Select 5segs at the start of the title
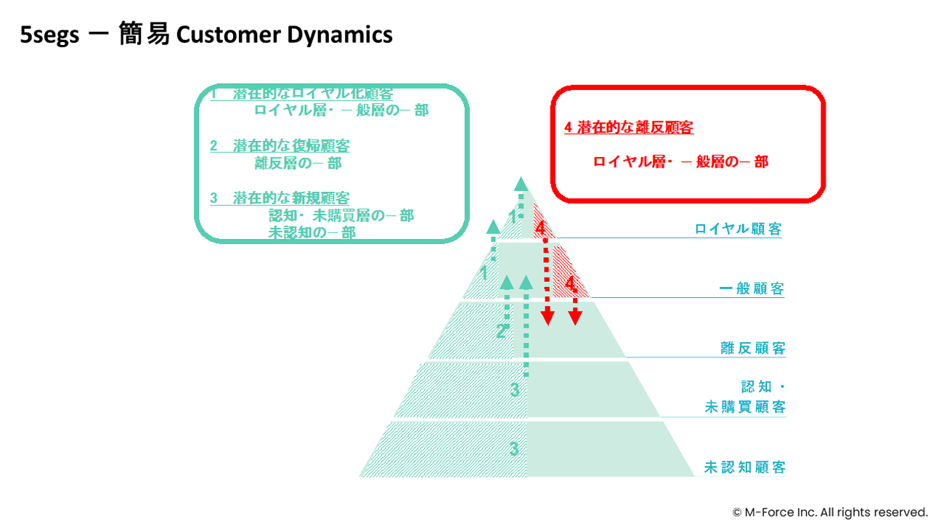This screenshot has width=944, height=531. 49,35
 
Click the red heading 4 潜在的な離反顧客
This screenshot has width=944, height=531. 629,128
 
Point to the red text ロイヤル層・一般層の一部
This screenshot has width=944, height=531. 680,162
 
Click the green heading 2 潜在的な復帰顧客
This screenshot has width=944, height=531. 280,146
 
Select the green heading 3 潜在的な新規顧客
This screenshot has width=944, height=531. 280,198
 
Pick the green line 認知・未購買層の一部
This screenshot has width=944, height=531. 341,216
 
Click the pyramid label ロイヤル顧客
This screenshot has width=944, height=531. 738,229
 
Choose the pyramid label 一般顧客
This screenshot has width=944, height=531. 752,288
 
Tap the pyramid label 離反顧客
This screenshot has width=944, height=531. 753,348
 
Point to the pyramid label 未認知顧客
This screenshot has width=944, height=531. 744,467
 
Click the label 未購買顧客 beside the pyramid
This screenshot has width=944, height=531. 744,407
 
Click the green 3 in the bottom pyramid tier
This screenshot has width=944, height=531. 514,449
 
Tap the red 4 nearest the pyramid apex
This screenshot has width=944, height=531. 540,228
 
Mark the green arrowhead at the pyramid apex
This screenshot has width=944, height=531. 518,183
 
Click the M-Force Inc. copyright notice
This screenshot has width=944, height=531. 829,512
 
